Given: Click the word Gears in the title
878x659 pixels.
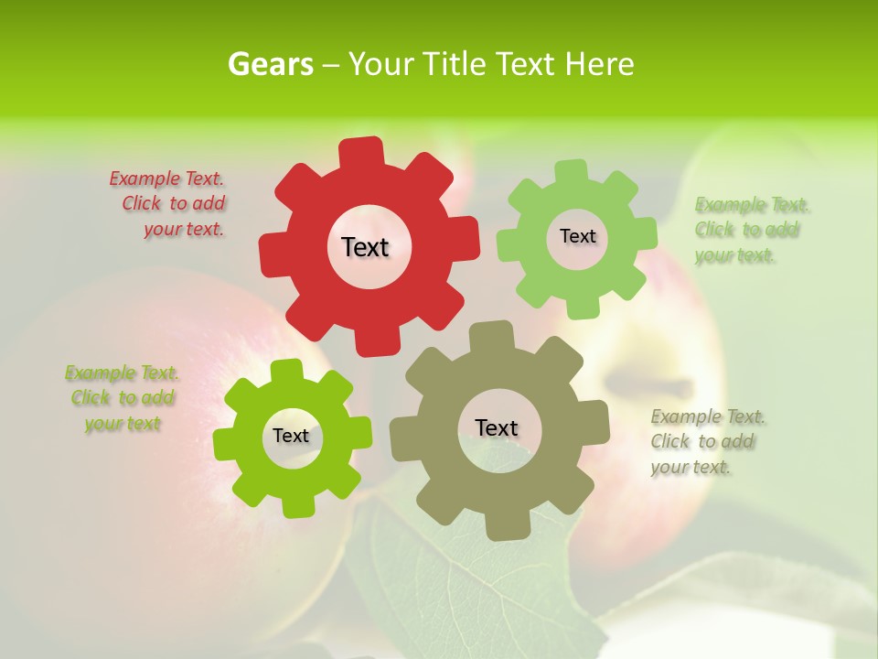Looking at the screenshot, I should (x=270, y=64).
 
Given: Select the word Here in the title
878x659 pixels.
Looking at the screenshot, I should (x=599, y=64).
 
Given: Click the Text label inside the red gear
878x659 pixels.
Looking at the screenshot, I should (x=365, y=247).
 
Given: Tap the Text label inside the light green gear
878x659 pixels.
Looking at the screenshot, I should (x=577, y=236).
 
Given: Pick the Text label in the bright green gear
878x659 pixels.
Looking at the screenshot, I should (x=291, y=436).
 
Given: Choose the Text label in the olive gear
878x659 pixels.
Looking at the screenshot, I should (x=497, y=427).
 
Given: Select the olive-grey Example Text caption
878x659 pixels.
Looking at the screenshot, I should (x=706, y=441).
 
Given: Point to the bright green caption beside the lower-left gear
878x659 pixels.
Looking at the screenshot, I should (x=122, y=398).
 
